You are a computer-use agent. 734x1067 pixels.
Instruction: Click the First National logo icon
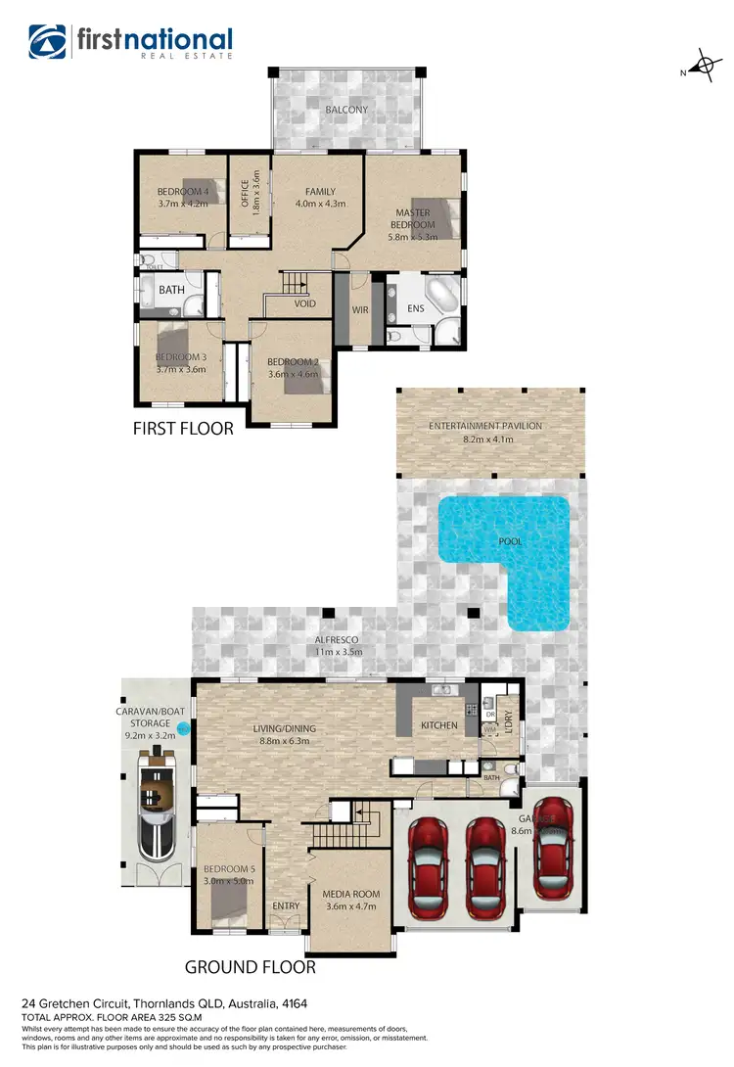48,42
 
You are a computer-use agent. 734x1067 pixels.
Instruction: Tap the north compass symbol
702,68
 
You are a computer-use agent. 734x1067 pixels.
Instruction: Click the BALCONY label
346,110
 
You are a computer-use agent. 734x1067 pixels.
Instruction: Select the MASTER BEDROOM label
414,218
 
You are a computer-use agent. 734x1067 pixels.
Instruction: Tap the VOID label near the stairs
305,303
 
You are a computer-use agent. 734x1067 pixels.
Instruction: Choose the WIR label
359,310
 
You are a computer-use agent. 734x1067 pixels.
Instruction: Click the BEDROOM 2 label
294,361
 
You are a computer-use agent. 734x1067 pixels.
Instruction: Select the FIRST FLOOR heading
183,428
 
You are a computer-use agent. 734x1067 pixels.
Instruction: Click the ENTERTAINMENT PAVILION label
485,426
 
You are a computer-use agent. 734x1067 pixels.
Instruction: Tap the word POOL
510,541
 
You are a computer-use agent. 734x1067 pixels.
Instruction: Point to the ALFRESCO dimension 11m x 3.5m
339,651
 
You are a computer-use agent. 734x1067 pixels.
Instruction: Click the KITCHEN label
439,725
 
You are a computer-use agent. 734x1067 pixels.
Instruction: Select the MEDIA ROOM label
351,895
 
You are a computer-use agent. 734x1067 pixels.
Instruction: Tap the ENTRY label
286,906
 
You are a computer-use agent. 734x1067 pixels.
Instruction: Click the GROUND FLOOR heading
251,967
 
